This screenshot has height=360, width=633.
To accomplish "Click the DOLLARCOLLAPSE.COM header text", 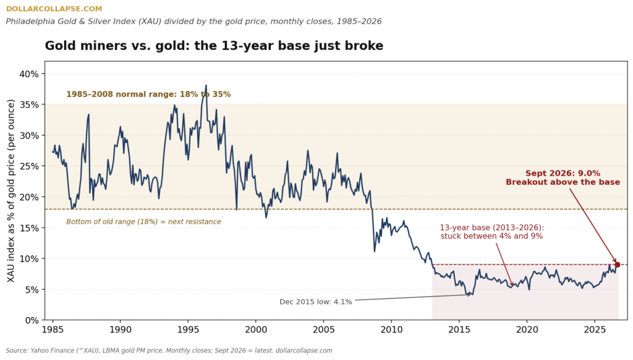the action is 54,9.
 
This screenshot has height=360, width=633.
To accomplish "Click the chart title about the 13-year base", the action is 214,46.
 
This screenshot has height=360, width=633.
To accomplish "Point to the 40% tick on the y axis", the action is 29,74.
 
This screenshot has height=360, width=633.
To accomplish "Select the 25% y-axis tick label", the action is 29,166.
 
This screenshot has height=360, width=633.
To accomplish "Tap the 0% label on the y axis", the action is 32,320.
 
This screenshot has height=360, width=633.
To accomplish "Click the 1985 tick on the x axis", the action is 53,330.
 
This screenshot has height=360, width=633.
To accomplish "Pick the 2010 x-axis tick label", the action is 391,330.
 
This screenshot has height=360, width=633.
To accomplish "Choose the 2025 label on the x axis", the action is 595,330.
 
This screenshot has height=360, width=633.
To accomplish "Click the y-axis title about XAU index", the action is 11,191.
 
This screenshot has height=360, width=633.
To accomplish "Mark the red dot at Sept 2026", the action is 618,265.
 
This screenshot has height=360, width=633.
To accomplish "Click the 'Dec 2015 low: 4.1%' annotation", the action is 316,302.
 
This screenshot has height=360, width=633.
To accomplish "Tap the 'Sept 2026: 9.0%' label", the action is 563,173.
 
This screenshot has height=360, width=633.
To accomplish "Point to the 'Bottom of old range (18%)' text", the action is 143,222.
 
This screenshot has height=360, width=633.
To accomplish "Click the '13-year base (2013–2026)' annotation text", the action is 492,228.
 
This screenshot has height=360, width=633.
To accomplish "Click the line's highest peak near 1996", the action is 206,85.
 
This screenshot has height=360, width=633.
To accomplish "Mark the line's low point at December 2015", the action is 472,295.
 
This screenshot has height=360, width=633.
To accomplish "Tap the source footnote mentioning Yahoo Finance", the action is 169,350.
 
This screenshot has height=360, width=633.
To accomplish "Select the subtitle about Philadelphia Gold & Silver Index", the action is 193,22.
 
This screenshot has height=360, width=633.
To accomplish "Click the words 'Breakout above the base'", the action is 563,182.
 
